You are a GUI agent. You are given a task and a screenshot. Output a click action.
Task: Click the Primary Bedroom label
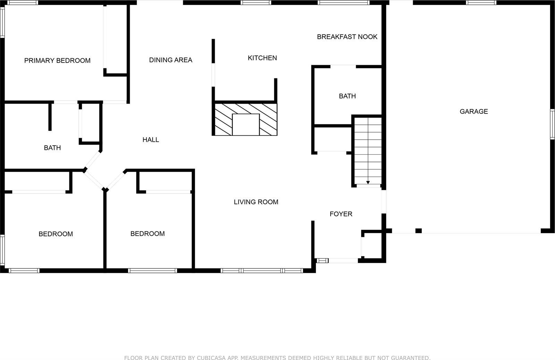pos(57,61)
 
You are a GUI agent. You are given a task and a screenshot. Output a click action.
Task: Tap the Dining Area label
pos(171,60)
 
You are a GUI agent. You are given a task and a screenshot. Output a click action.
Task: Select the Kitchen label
pos(262,58)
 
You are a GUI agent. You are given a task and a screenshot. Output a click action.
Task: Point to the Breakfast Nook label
pos(347,37)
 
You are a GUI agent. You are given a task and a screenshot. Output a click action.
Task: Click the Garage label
pos(473,111)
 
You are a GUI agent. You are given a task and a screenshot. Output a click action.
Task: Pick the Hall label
pos(151,140)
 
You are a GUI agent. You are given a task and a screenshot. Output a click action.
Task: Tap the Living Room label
pos(256,202)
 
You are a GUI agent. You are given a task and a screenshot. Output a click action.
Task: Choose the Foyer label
pos(341,214)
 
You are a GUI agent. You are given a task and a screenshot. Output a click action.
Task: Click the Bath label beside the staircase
pos(347,96)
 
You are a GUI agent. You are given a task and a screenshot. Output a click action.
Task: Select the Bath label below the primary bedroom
pos(52,148)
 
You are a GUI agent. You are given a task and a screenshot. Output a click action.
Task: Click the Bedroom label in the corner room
pos(55,234)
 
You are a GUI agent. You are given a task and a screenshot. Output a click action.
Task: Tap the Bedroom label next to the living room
pos(147,234)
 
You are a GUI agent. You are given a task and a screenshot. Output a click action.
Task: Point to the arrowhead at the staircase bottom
pos(368,182)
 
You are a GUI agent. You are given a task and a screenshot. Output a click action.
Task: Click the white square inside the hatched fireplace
pos(246,125)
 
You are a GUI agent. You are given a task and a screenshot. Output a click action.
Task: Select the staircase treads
pos(368,149)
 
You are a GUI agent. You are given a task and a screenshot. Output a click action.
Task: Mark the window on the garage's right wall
pos(552,124)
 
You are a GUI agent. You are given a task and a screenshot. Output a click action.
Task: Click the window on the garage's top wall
pos(481,3)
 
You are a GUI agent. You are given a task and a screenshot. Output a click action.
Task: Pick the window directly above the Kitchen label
pos(256,3)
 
